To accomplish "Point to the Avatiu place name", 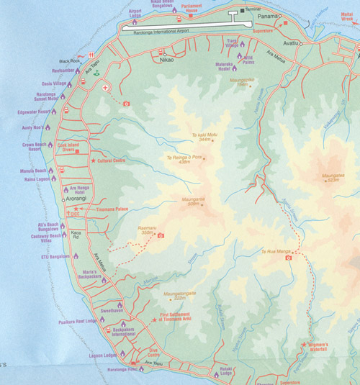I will tap(290, 43).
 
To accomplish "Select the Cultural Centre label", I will tap(112, 160).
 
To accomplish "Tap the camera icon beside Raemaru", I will tap(161, 235).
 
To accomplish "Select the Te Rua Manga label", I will tap(274, 252).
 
